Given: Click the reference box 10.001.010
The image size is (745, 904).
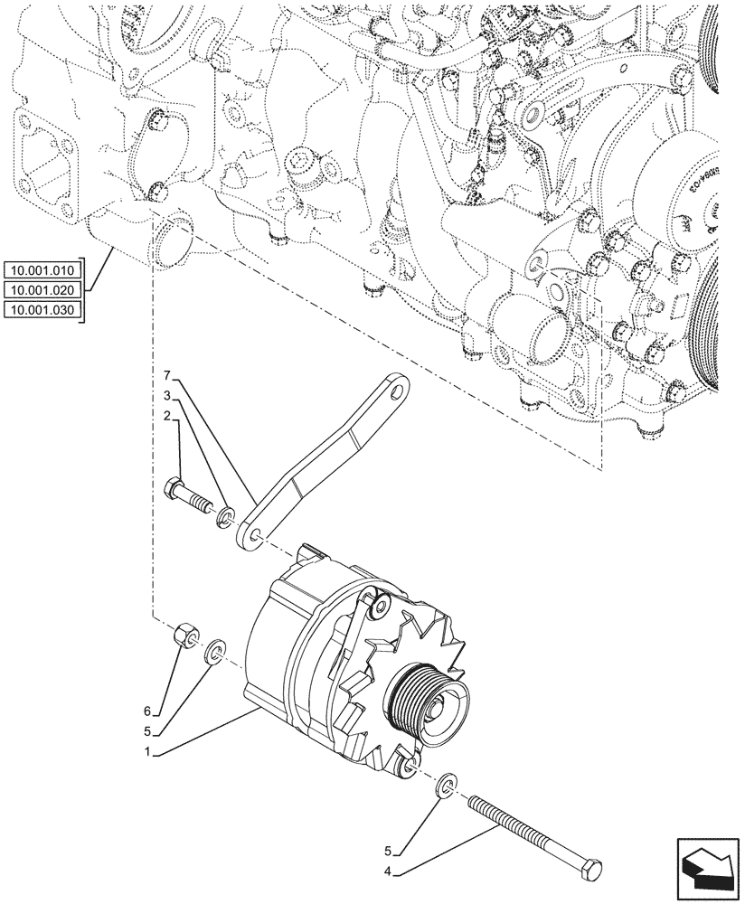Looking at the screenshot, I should (42, 270).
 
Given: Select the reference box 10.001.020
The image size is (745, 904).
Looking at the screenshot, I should (42, 290).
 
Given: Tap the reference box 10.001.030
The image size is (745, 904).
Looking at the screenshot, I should (42, 310).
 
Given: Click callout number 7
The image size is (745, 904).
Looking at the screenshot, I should (167, 374).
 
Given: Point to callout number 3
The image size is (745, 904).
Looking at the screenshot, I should (167, 395).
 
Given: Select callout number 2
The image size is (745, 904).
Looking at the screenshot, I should (167, 415).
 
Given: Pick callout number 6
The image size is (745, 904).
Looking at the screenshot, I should (160, 711).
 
